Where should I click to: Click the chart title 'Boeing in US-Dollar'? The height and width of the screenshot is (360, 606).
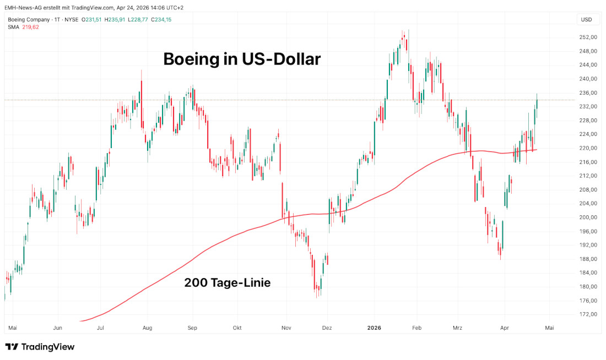241,59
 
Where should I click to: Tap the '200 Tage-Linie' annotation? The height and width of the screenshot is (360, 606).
227,282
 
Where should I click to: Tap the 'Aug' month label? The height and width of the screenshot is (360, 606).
147,328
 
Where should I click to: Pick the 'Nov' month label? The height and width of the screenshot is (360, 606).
286,328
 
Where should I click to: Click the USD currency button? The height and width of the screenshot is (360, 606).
587,20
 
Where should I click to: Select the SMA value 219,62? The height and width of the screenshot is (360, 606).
30,27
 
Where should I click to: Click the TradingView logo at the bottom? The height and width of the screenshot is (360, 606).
40,347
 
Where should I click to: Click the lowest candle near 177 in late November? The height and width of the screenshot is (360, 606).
318,296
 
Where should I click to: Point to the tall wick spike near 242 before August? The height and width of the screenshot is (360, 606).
142,72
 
